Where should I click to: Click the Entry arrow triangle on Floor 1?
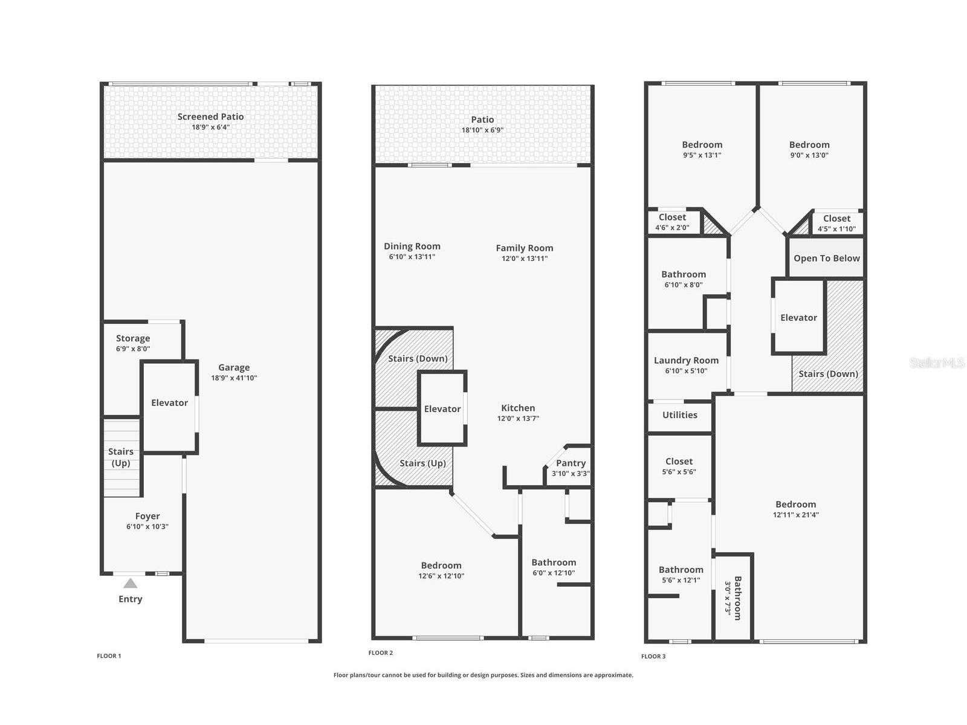click(130, 583)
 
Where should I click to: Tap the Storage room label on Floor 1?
click(133, 338)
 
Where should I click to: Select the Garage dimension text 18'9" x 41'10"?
click(234, 378)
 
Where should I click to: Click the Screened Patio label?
click(210, 117)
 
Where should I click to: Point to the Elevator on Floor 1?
click(169, 403)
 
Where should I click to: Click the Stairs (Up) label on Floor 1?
click(121, 457)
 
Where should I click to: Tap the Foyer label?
click(147, 516)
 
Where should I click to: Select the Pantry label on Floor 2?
click(571, 463)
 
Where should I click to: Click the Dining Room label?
click(412, 246)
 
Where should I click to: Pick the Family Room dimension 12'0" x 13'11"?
click(524, 259)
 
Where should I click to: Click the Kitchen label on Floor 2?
click(518, 408)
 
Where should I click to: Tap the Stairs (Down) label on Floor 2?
click(418, 358)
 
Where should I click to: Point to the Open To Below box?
click(826, 258)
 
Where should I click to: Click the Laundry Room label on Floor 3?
click(686, 360)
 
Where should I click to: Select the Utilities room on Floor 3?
click(679, 415)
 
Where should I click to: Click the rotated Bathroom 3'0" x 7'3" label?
click(733, 598)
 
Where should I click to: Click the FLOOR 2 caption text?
click(381, 652)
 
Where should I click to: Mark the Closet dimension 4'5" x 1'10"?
click(836, 229)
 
